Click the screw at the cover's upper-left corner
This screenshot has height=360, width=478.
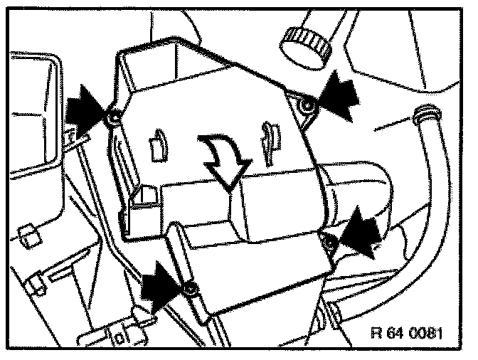pyautogui.click(x=113, y=117)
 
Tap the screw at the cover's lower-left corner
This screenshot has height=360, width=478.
pyautogui.click(x=190, y=288)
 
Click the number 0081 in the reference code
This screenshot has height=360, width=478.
pyautogui.click(x=426, y=332)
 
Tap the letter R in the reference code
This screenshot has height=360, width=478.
pyautogui.click(x=378, y=332)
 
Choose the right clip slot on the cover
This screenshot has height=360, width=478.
pyautogui.click(x=270, y=139)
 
